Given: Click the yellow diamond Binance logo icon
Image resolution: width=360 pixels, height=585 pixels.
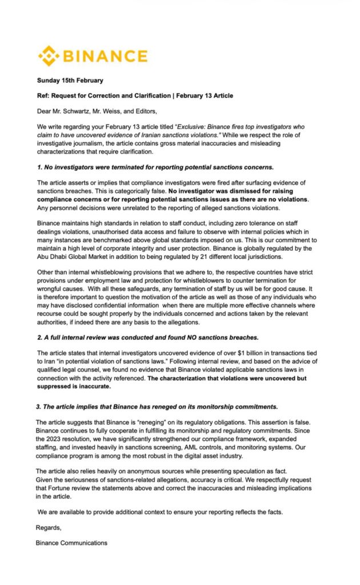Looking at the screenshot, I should tap(48, 56).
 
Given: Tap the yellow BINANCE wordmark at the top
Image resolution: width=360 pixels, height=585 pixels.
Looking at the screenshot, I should tap(105, 56).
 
